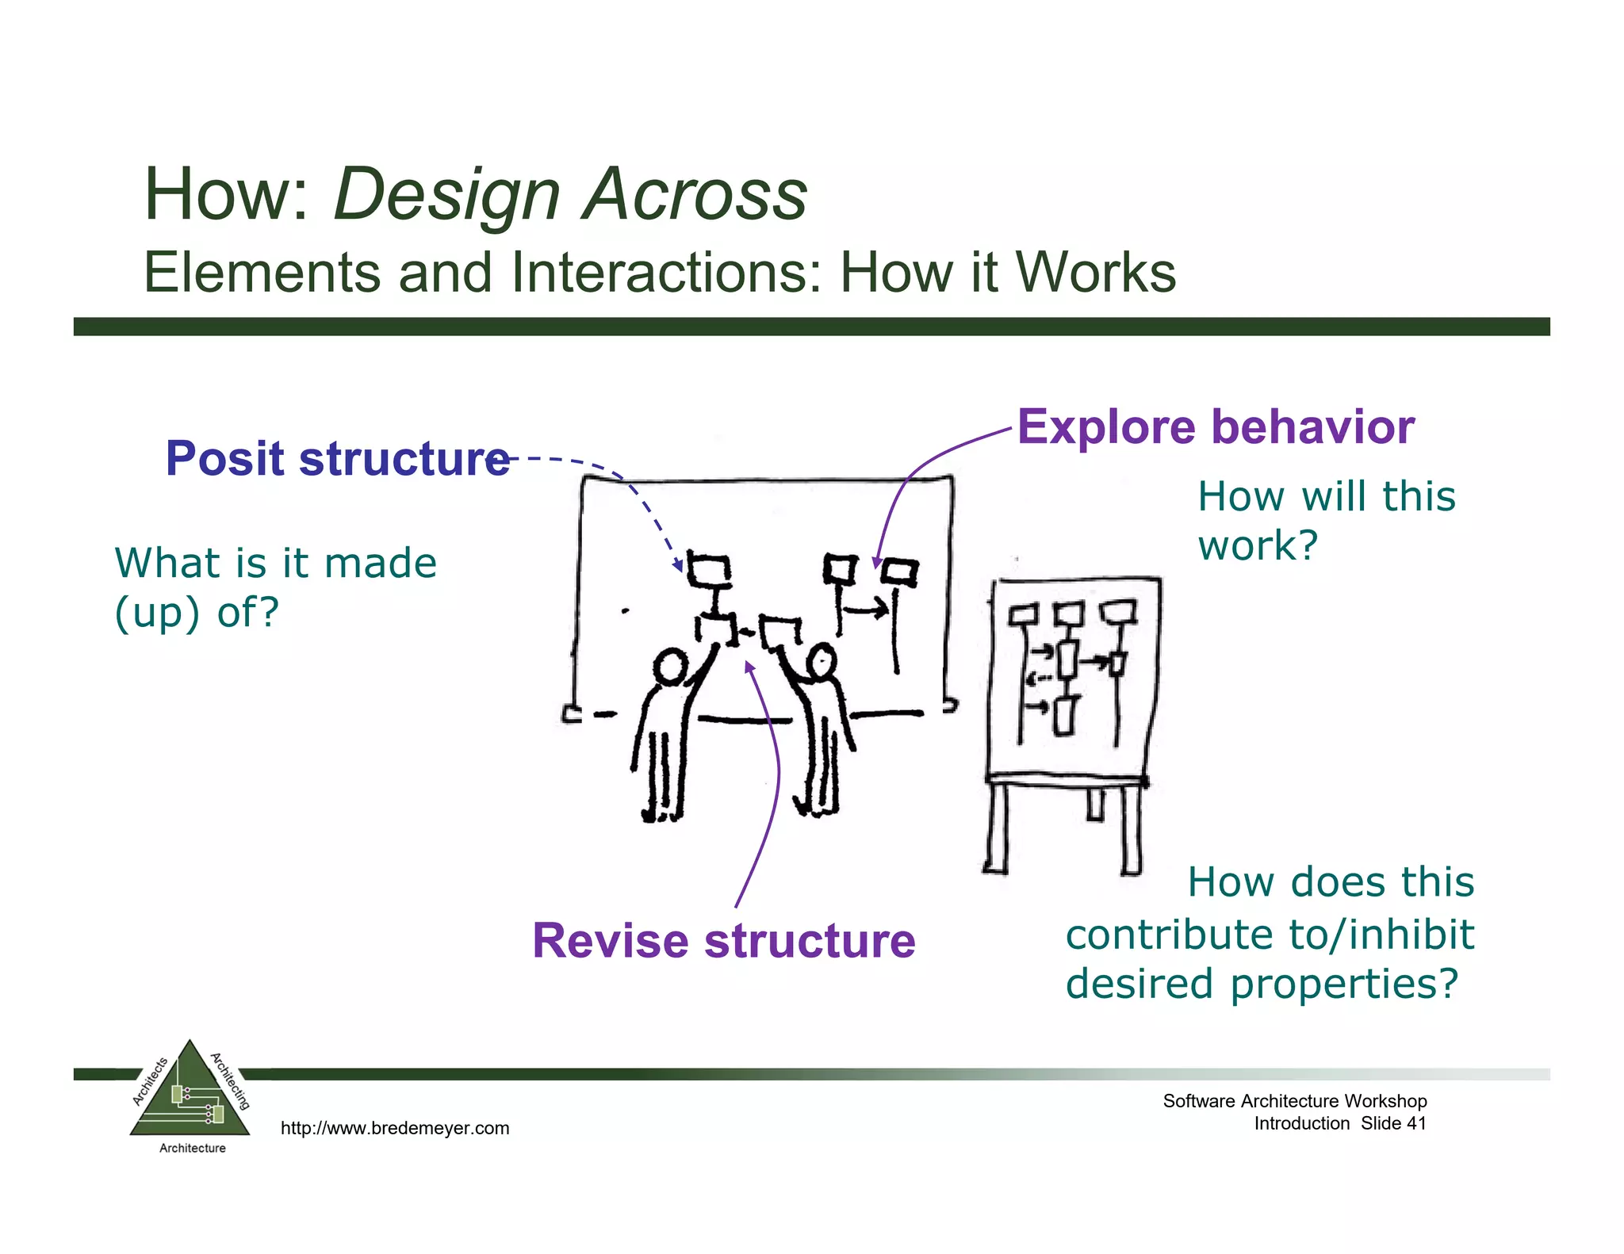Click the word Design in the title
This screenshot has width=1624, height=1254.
pos(446,196)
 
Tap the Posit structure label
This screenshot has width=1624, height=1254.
pos(336,459)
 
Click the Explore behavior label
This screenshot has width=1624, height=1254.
pos(1215,427)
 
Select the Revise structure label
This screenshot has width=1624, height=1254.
pos(723,941)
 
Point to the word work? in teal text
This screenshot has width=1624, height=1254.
pos(1257,546)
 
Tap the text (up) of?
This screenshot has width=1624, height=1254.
pos(197,613)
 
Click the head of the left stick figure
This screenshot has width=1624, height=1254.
pos(672,666)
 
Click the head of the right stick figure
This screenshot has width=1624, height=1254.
pos(821,660)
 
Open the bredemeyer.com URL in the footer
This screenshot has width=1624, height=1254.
pos(395,1128)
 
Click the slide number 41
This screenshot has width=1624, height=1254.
pos(1415,1123)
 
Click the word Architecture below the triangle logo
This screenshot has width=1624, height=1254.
pos(192,1148)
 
